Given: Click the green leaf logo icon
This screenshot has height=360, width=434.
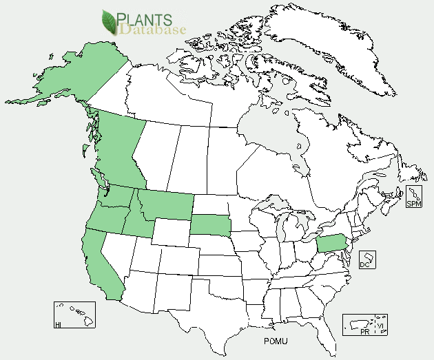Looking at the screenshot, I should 110,22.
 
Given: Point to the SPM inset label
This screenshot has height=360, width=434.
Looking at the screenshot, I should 413,204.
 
